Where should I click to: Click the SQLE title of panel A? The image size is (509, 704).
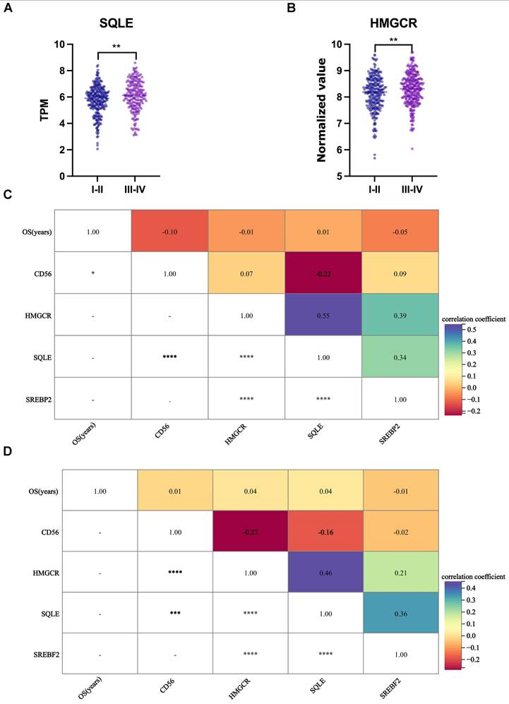(116, 23)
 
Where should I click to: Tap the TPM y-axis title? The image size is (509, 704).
(44, 110)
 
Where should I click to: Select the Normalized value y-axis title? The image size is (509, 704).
(321, 110)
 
